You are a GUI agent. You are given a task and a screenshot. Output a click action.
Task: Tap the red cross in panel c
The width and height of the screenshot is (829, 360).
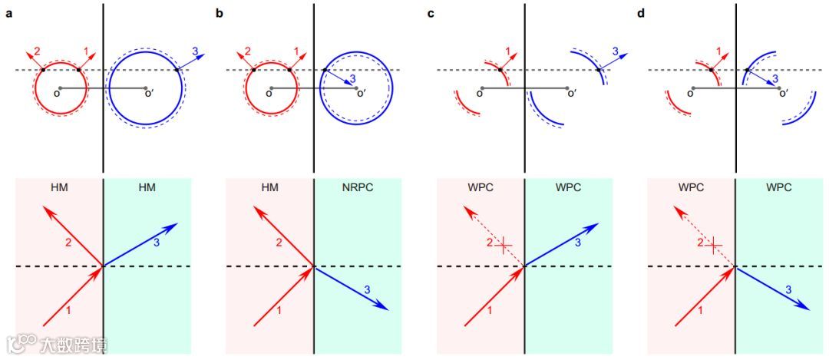pos(504,246)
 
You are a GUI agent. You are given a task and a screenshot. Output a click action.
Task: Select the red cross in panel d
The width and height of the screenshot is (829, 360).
pos(715,246)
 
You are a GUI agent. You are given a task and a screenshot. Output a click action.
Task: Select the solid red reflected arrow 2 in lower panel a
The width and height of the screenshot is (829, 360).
pos(72,236)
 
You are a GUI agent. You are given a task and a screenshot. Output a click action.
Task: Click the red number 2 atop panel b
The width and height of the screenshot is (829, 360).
pos(247,51)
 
